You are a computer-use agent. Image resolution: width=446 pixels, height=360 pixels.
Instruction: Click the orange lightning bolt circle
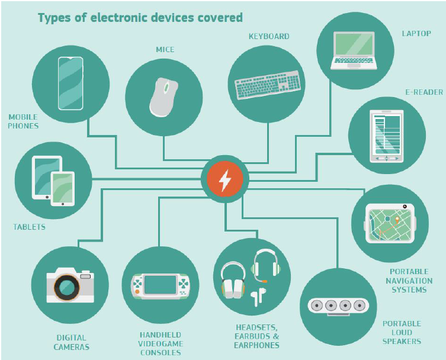click(224, 179)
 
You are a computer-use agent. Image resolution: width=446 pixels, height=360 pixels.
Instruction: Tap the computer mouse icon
click(163, 97)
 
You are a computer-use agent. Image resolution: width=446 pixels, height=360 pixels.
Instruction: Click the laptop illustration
click(354, 50)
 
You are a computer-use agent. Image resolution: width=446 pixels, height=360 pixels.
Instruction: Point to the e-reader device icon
click(386, 136)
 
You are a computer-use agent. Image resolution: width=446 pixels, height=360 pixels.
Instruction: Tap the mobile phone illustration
click(70, 83)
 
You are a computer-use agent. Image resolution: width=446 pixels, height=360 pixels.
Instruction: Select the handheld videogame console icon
click(160, 285)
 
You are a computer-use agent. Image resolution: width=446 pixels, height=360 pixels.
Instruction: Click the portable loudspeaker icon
click(339, 306)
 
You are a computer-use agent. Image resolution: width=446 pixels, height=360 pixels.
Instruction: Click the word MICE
click(165, 49)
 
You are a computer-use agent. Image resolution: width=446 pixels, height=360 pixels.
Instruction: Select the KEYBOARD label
click(269, 36)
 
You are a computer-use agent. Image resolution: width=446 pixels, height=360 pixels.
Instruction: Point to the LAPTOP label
click(416, 34)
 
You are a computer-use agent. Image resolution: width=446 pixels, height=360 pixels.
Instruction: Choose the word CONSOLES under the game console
click(161, 353)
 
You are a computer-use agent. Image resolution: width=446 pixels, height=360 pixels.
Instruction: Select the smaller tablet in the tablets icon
click(62, 188)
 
